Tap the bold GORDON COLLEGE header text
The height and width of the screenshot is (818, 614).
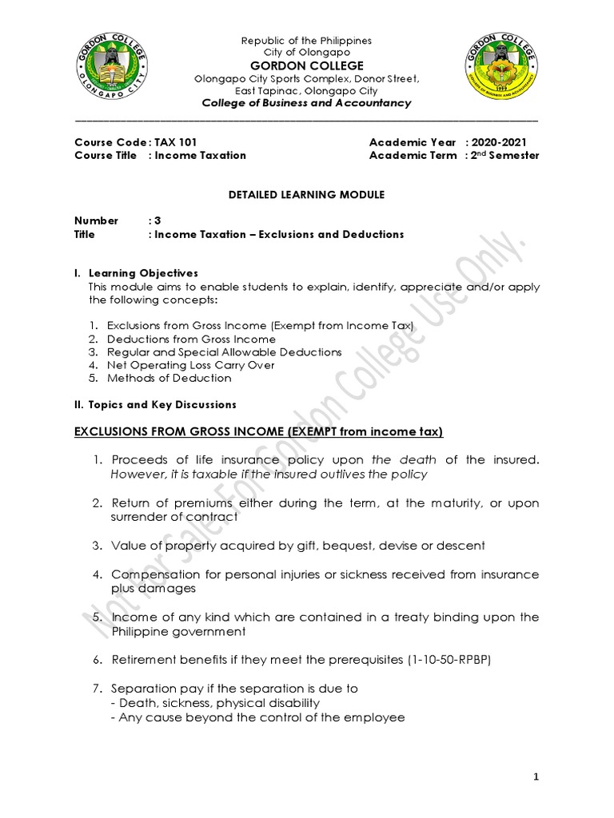pos(308,65)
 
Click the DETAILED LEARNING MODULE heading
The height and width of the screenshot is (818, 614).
pos(307,195)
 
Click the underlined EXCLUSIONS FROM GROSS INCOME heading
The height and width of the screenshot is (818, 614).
pos(258,432)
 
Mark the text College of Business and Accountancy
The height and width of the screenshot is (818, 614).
pos(307,103)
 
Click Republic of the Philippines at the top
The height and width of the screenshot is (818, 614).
pos(308,41)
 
